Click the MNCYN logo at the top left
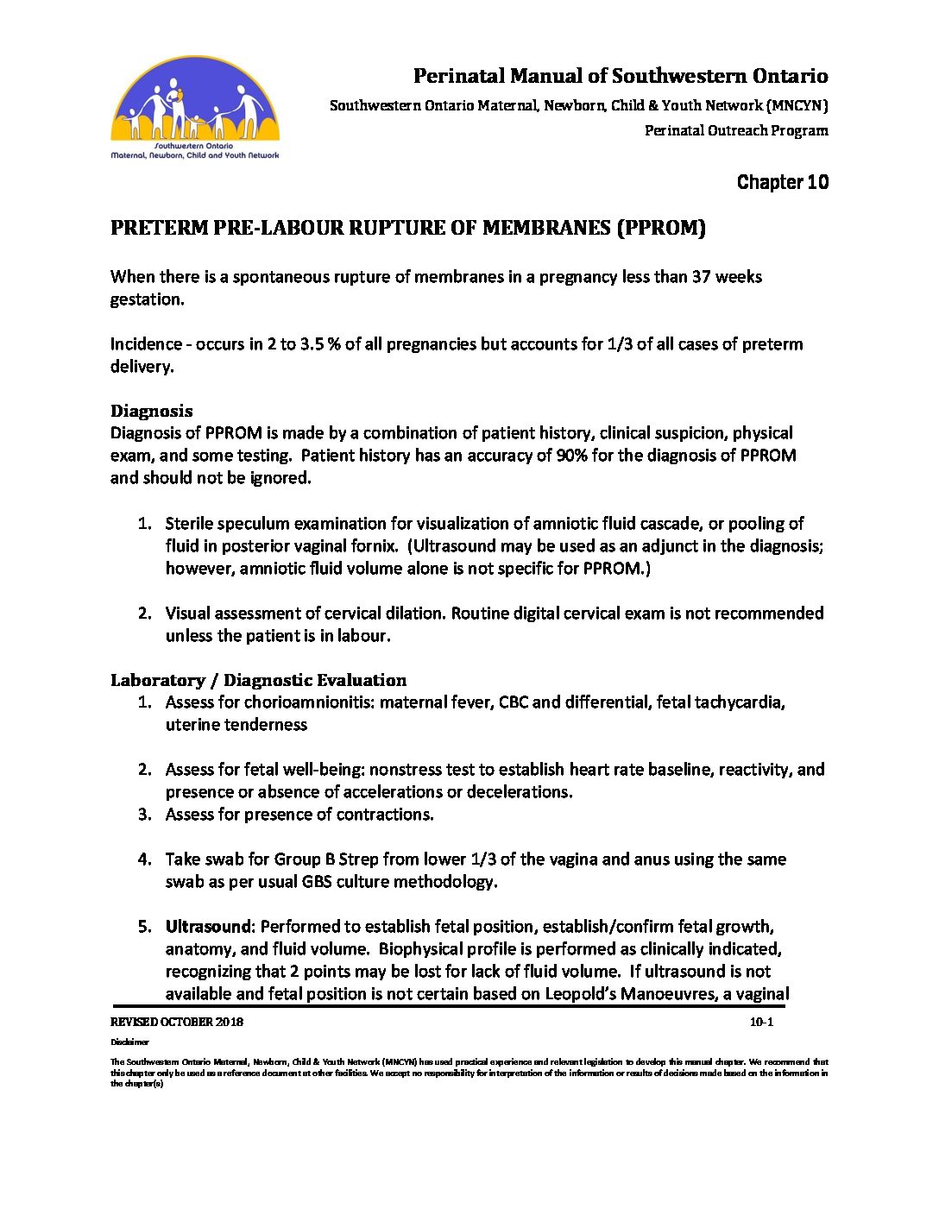[x=195, y=109]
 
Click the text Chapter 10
[x=782, y=182]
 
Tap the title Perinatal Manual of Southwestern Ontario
[x=620, y=76]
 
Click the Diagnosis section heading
[x=151, y=411]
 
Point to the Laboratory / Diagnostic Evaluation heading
[x=258, y=680]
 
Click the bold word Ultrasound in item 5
[x=207, y=927]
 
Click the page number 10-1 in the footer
[x=761, y=1023]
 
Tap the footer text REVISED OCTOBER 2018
[x=176, y=1023]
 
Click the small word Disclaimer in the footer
[x=129, y=1042]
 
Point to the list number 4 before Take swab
[x=144, y=859]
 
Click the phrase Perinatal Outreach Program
[x=735, y=131]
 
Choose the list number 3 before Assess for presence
[x=144, y=815]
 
